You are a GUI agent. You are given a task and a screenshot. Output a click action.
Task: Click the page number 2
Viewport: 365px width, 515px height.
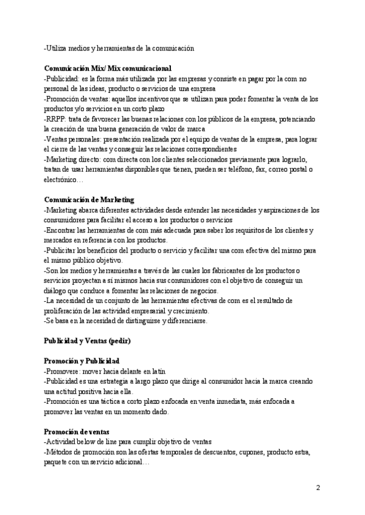(x=318, y=487)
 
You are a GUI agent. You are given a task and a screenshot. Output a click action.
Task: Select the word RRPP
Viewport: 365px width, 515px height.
(x=56, y=118)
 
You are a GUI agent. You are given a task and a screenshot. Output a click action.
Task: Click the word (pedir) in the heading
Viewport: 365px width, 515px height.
(x=119, y=341)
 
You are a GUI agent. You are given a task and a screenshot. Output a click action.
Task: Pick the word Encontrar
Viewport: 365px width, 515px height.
(x=64, y=231)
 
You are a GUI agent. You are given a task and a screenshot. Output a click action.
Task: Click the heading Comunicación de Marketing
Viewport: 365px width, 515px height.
(x=89, y=200)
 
